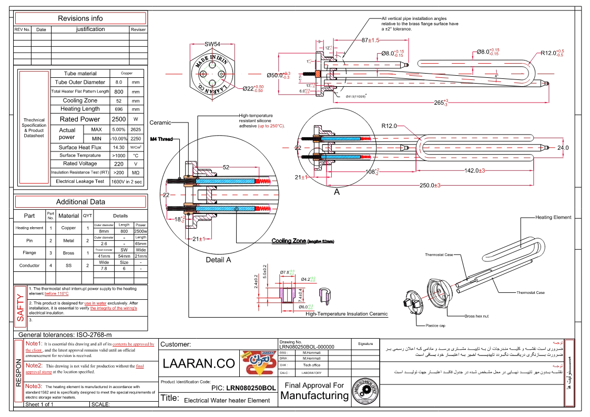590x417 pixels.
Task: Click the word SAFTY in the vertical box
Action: tap(21, 307)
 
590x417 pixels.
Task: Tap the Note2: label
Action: tap(34, 365)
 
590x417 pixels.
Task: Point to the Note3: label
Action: tap(34, 386)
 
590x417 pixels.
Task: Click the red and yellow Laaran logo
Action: tap(258, 363)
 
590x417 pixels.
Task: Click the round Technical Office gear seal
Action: tap(365, 391)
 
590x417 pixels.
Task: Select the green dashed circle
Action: tap(212, 74)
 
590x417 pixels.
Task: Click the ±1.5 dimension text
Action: tap(373, 40)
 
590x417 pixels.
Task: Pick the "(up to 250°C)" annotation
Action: tap(271, 126)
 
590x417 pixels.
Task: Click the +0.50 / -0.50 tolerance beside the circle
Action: tap(258, 88)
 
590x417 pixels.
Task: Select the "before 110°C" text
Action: tap(56, 293)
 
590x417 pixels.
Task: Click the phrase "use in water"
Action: tap(95, 303)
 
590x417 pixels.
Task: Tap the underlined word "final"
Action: tap(140, 366)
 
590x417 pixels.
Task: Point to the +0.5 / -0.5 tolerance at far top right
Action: tap(560, 53)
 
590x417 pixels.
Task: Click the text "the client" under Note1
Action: tap(34, 350)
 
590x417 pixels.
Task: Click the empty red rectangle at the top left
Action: tap(80, 18)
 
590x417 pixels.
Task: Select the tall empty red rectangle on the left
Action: tap(34, 127)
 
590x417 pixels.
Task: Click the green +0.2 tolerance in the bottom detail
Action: tap(312, 279)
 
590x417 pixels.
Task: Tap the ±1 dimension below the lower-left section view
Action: tap(202, 239)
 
